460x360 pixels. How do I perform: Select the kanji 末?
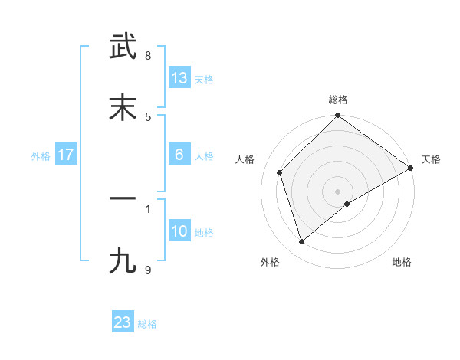123,108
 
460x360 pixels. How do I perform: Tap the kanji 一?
123,198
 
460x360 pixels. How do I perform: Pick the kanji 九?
123,260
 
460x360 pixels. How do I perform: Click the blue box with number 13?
179,78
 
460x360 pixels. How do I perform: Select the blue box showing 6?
179,155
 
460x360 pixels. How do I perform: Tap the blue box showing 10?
179,231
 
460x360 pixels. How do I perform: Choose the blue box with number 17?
66,155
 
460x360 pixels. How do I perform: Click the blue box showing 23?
123,322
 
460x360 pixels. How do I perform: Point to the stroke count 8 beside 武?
148,56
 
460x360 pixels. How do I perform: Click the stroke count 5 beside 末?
148,116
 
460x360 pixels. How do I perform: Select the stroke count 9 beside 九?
148,269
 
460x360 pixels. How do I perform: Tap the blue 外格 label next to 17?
41,155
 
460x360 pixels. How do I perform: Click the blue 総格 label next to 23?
147,323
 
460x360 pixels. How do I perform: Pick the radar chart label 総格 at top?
338,100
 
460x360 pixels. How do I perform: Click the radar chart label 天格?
431,159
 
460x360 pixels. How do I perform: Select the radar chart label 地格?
402,262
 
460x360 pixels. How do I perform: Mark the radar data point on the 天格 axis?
411,169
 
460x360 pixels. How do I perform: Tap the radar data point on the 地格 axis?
347,204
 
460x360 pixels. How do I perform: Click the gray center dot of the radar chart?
338,191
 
